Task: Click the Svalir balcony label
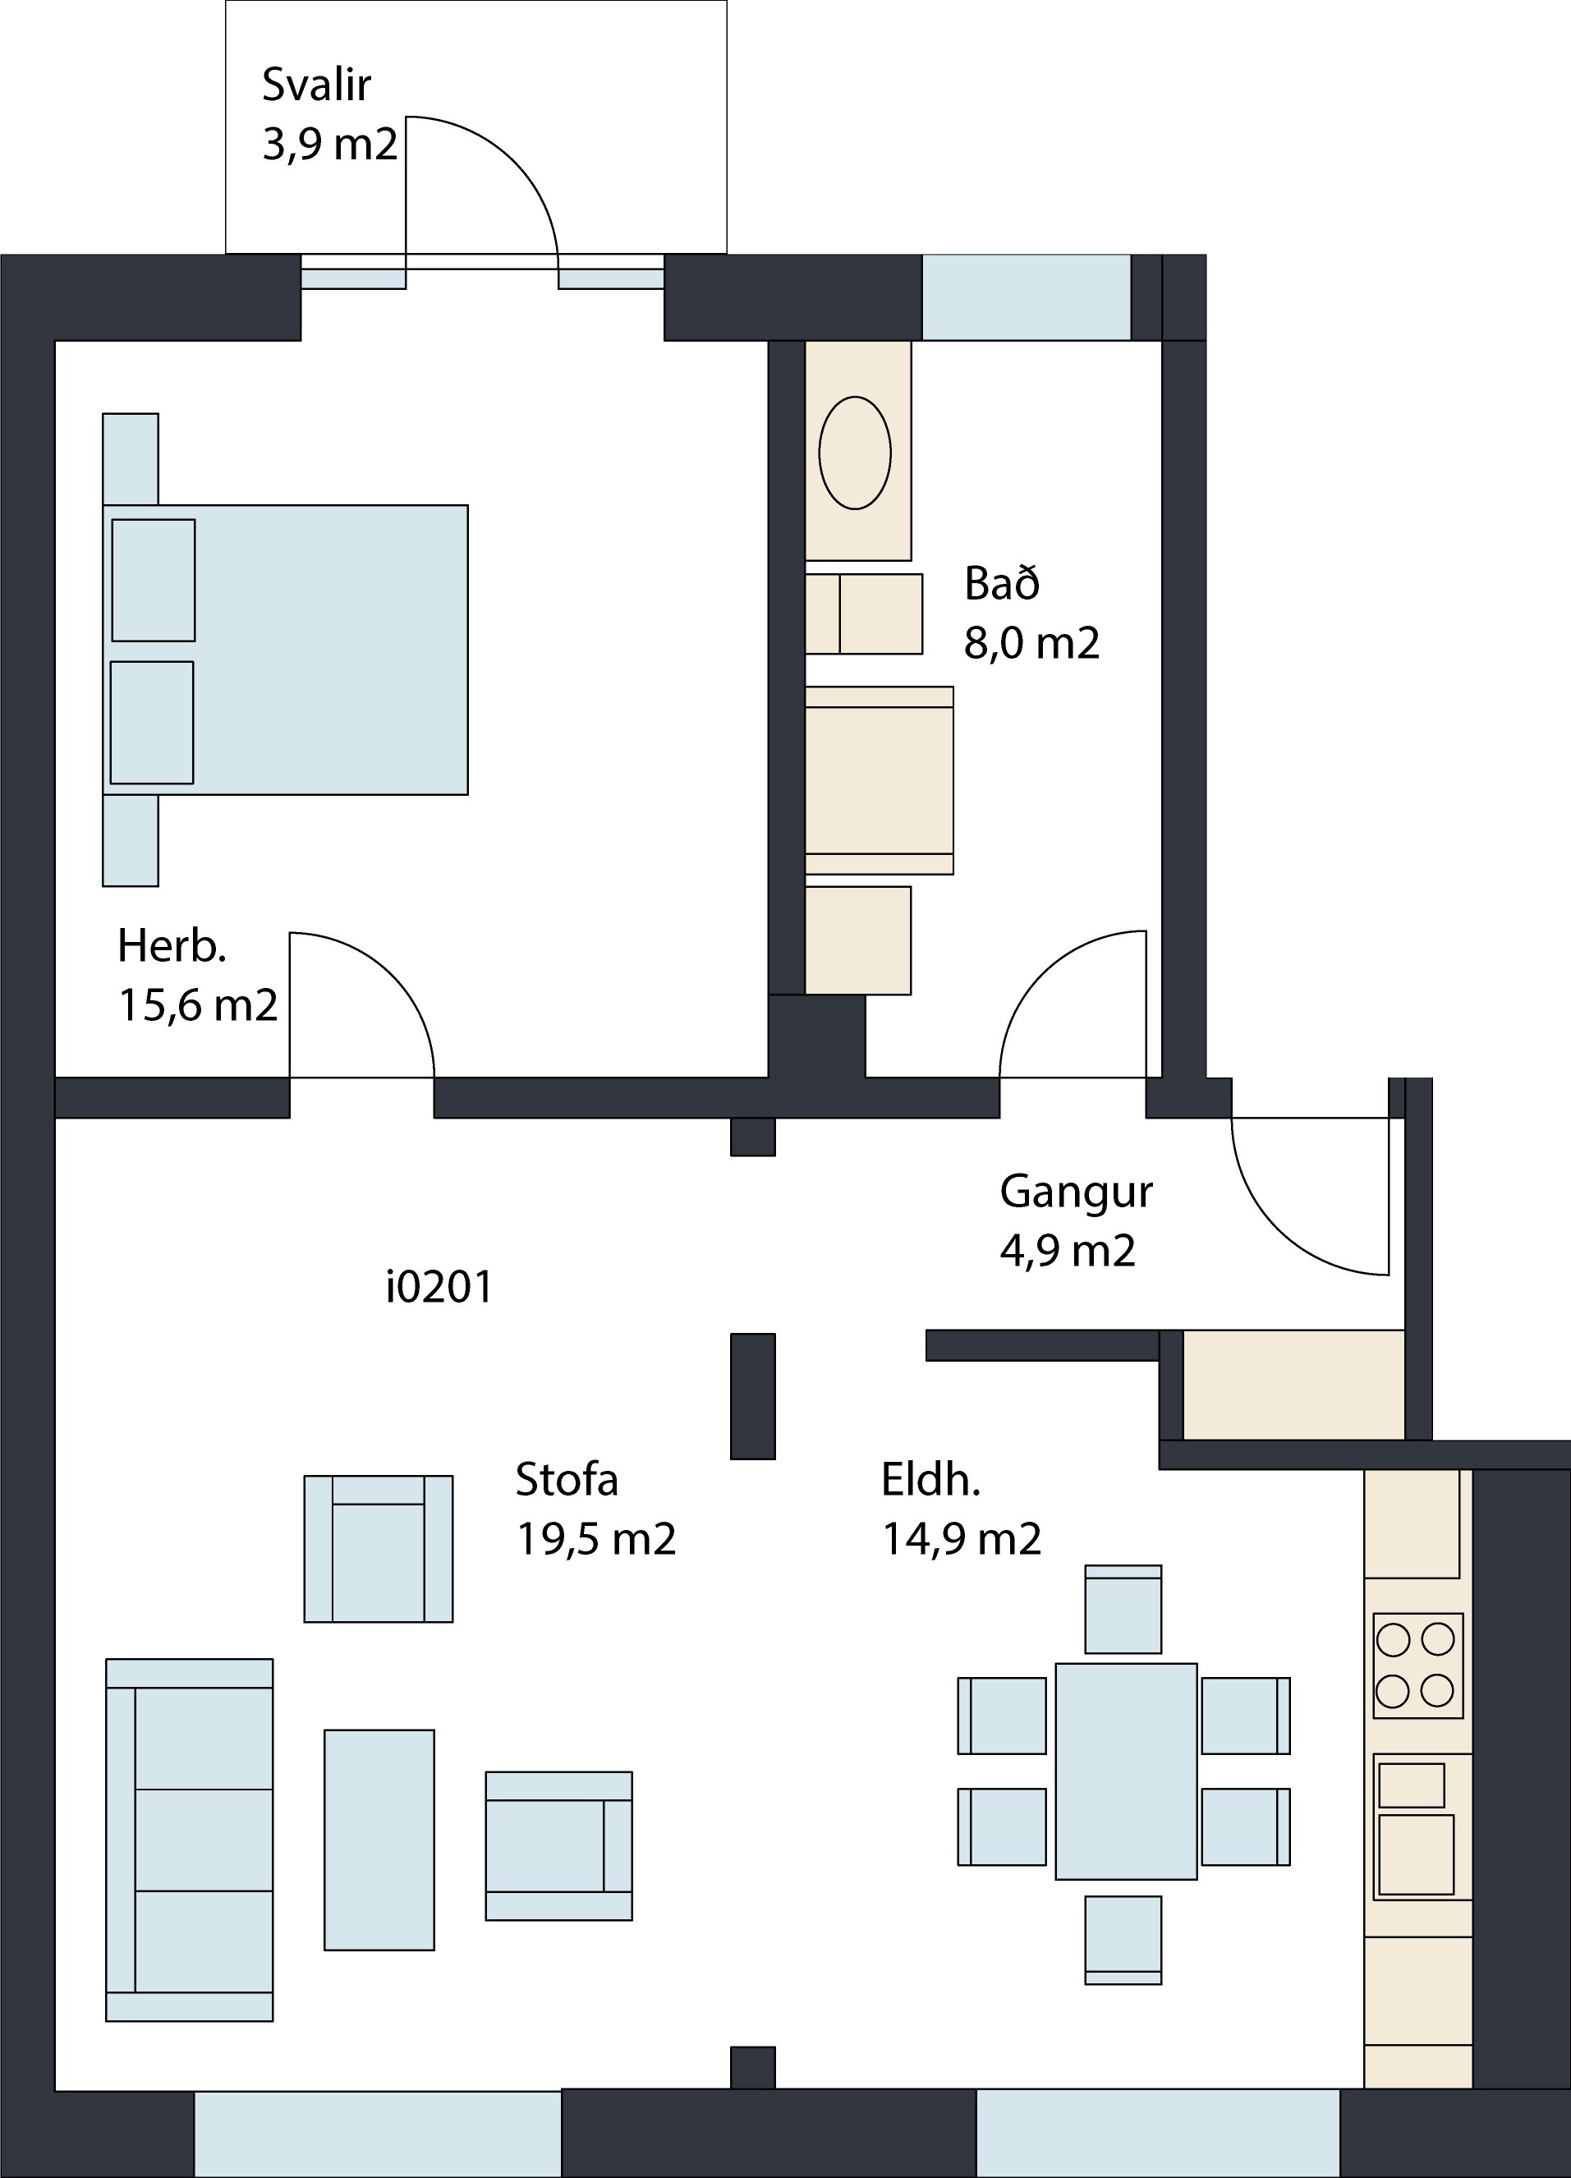316,85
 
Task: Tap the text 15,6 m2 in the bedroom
198,1005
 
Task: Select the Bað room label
1002,583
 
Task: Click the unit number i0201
439,1287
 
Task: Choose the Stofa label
567,1479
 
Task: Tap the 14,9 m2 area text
961,1538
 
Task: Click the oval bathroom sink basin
855,453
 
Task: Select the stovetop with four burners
1418,1666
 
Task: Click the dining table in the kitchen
1127,1771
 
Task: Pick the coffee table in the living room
379,1840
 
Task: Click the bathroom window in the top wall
1027,296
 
